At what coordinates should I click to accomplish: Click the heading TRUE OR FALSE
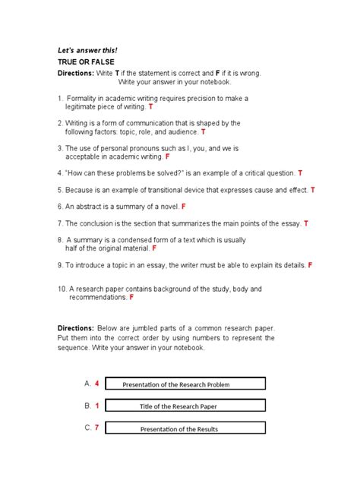point(85,62)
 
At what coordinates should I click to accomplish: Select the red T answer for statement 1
point(150,108)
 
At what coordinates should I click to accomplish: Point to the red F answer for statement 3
point(167,157)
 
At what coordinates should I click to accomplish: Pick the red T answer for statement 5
point(313,190)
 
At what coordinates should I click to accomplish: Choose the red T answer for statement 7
point(306,224)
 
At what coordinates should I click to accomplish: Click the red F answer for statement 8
point(154,248)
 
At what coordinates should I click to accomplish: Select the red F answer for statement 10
point(131,298)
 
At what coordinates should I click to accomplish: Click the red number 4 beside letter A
point(97,384)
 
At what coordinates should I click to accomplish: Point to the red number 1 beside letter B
point(97,406)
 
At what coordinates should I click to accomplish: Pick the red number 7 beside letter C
point(97,428)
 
